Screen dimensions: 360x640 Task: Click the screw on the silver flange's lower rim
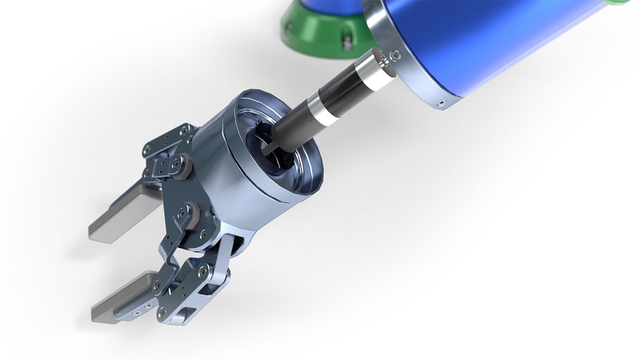441,100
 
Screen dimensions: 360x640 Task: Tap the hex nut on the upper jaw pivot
179,163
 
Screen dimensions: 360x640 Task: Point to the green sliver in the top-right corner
631,3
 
